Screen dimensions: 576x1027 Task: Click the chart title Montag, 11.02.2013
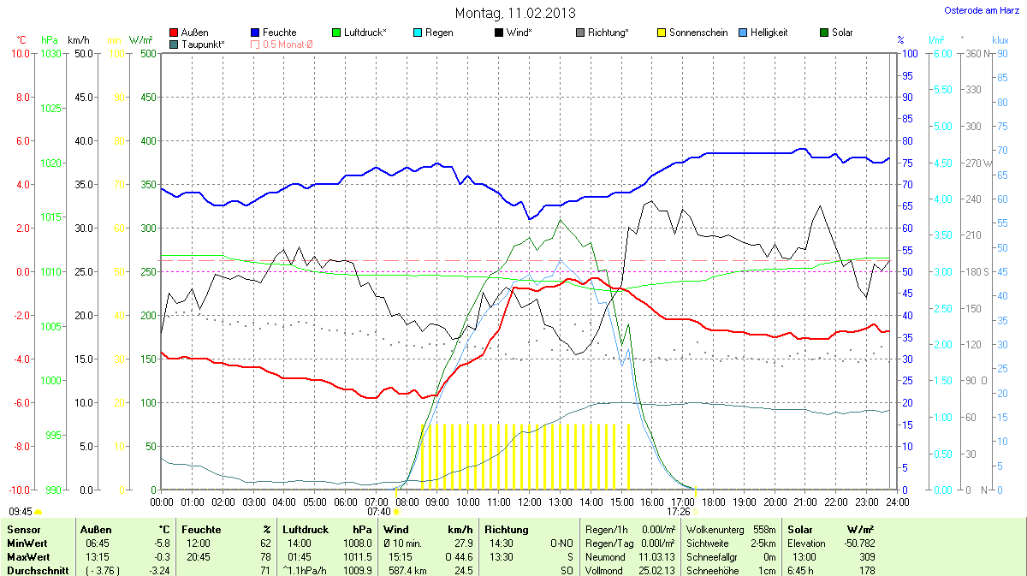click(x=515, y=13)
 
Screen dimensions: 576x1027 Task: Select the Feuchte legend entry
click(x=280, y=33)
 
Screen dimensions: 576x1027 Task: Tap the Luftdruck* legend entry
click(x=365, y=33)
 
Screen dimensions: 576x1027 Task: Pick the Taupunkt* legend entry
click(x=204, y=44)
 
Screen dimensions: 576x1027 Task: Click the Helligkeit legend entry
click(x=769, y=33)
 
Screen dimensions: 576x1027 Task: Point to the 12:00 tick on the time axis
click(x=529, y=502)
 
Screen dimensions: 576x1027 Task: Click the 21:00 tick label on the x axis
click(x=805, y=502)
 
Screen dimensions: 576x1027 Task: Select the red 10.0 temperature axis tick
click(x=21, y=54)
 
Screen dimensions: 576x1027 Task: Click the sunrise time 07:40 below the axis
click(x=377, y=512)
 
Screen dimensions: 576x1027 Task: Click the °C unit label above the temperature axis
click(x=21, y=40)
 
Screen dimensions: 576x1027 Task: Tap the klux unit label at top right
click(x=1000, y=40)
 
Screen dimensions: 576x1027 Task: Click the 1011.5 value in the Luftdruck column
click(x=358, y=557)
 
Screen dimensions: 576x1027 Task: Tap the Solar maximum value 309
click(x=866, y=557)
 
